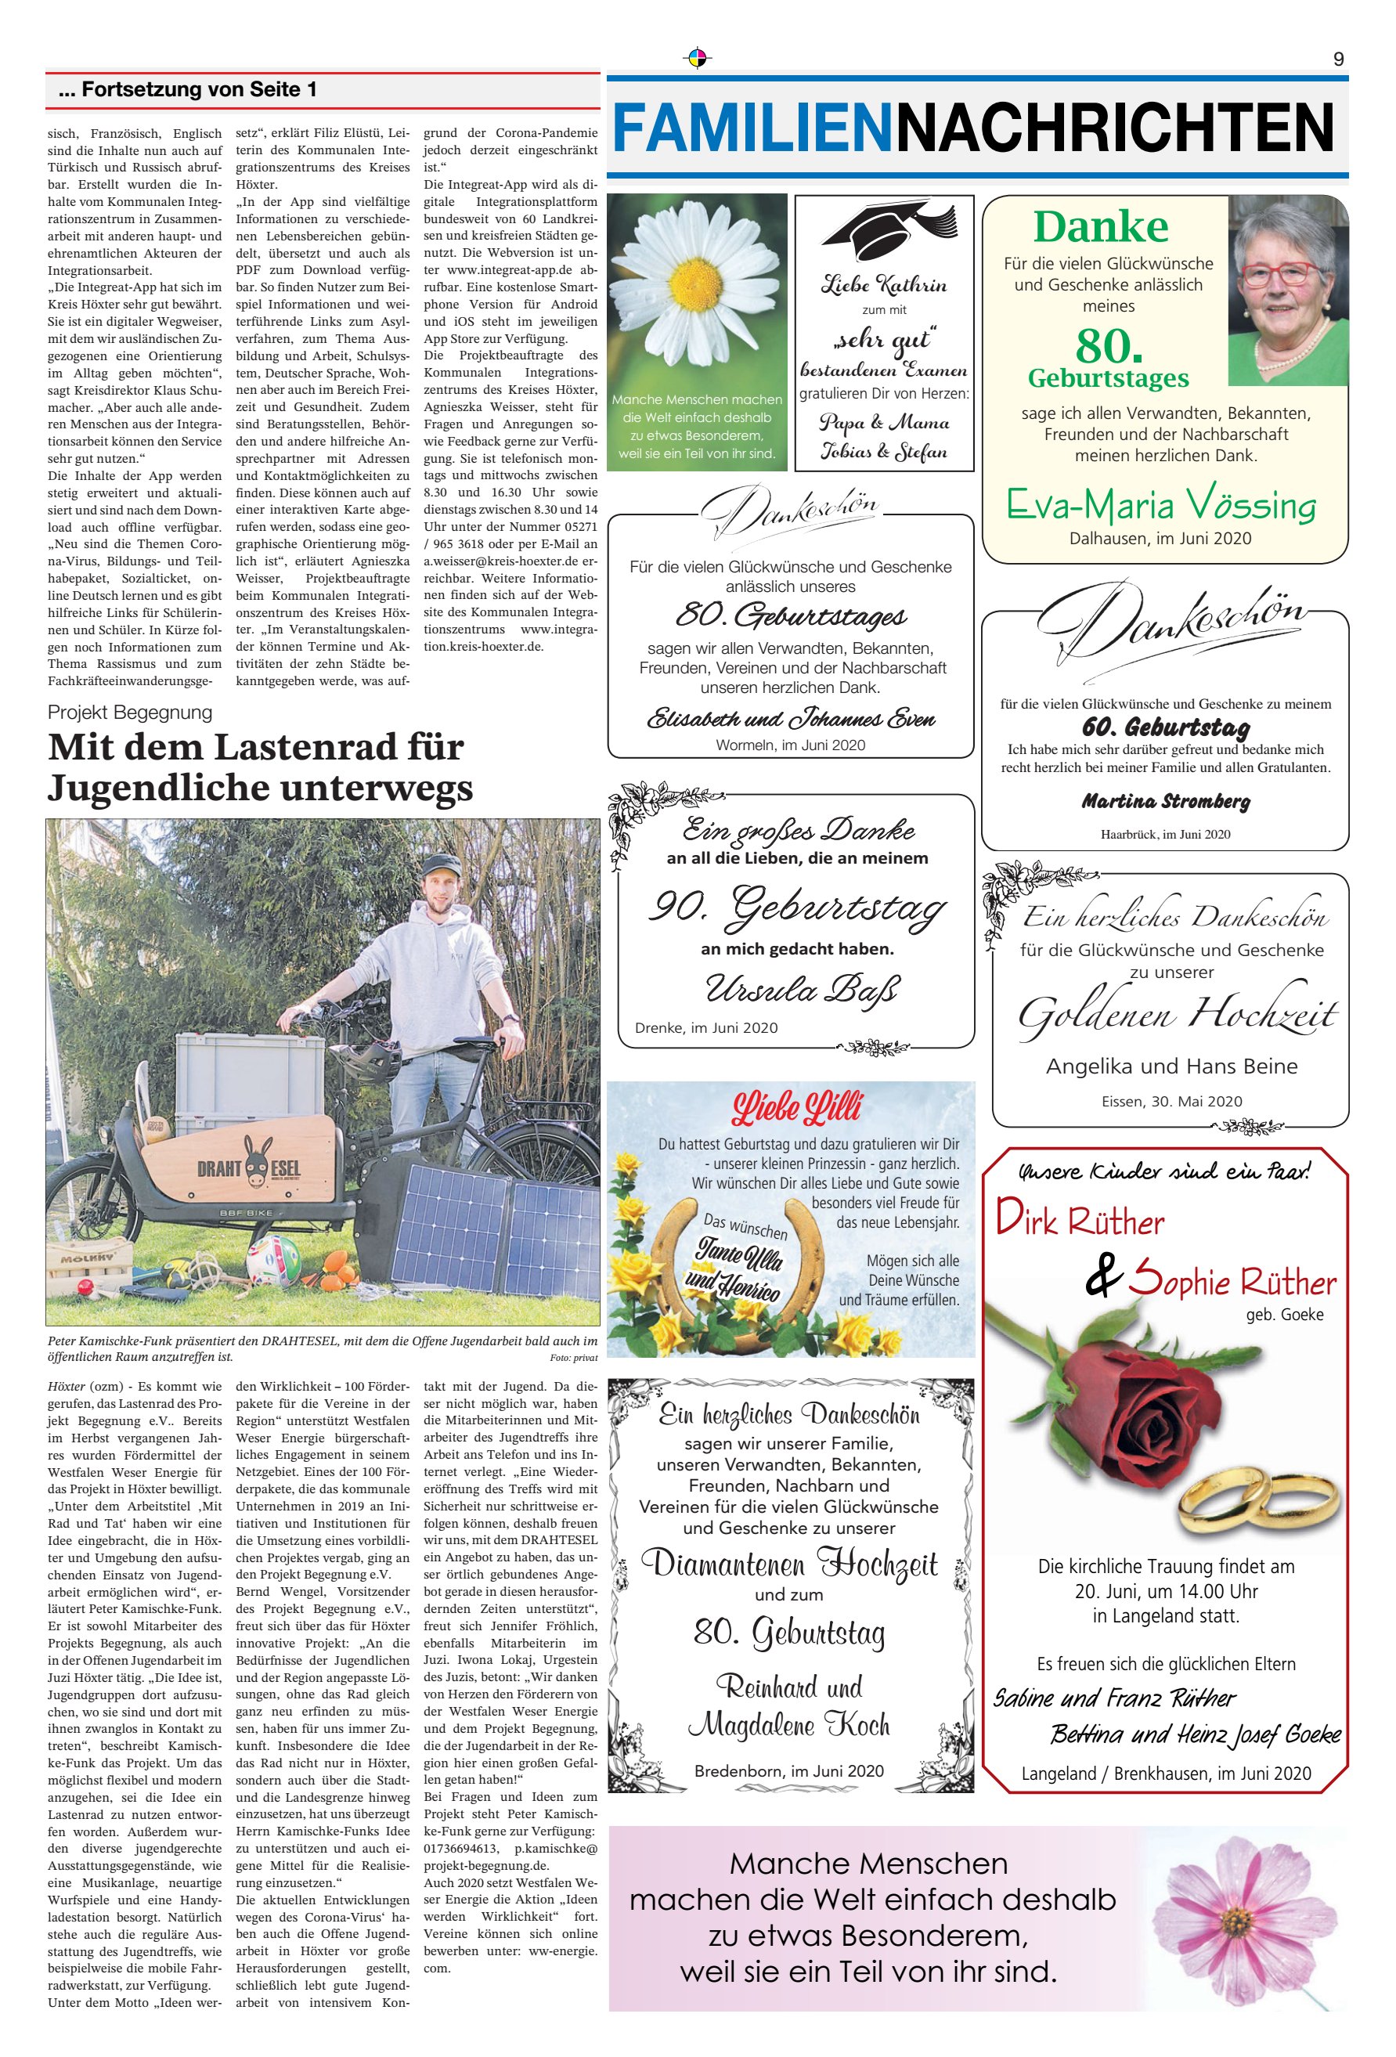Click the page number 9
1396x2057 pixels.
pos(1337,59)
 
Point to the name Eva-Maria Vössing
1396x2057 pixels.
pos(1160,505)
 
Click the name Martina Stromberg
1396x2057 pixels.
pos(1165,802)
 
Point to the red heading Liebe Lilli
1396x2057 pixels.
pos(795,1107)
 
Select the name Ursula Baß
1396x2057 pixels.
pos(802,990)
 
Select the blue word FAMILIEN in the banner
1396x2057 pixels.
pos(752,128)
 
